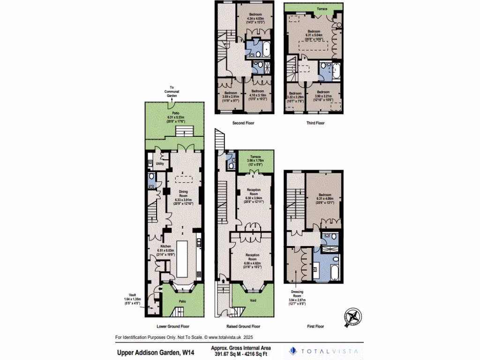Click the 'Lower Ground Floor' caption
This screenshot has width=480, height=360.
point(173,326)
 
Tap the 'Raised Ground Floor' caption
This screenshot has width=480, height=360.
point(244,326)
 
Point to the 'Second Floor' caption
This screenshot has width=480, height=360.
point(243,123)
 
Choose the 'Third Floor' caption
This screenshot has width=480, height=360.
point(314,123)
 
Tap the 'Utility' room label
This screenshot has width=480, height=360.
point(159,165)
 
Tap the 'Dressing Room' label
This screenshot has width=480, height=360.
point(297,293)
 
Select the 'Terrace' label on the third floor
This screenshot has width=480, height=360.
point(322,9)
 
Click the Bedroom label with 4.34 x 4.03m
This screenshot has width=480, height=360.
point(255,15)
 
